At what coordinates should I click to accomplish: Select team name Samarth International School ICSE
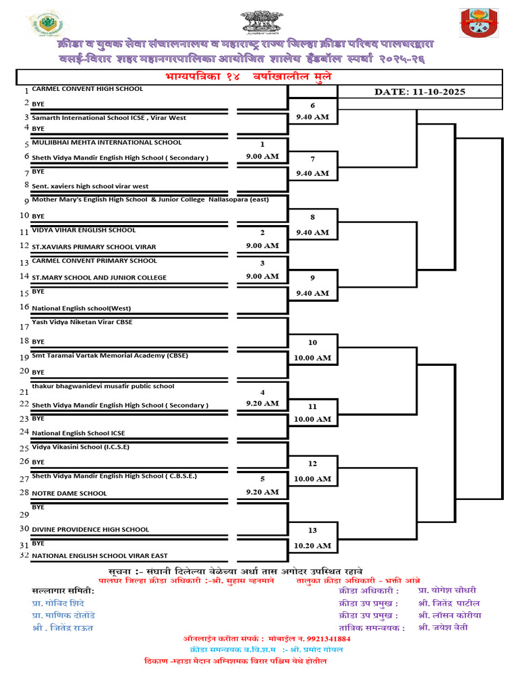(109, 118)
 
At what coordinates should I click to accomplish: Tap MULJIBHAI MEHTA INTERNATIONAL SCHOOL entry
(107, 142)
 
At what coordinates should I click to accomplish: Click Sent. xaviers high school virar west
(90, 186)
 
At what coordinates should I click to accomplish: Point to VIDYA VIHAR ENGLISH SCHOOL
(84, 230)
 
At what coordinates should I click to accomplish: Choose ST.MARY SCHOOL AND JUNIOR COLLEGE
(99, 277)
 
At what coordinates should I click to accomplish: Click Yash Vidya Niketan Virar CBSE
(82, 322)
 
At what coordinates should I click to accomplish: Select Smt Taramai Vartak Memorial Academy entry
(110, 355)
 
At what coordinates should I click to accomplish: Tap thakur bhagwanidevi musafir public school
(103, 386)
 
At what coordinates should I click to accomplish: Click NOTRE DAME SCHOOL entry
(69, 493)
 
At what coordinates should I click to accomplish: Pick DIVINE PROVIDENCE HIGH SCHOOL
(90, 530)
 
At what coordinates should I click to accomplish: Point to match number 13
(312, 530)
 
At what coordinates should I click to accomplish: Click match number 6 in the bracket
(312, 106)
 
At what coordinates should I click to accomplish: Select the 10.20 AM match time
(312, 545)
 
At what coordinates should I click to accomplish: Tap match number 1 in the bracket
(262, 144)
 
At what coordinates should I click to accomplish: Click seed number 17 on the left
(24, 327)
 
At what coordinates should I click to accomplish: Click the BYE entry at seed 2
(38, 103)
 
